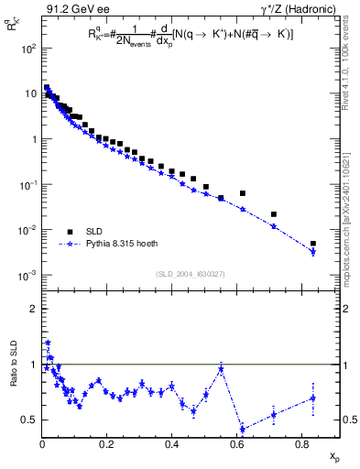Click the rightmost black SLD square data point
(x=313, y=244)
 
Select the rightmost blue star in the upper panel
(x=313, y=252)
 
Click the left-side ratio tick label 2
(x=31, y=309)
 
